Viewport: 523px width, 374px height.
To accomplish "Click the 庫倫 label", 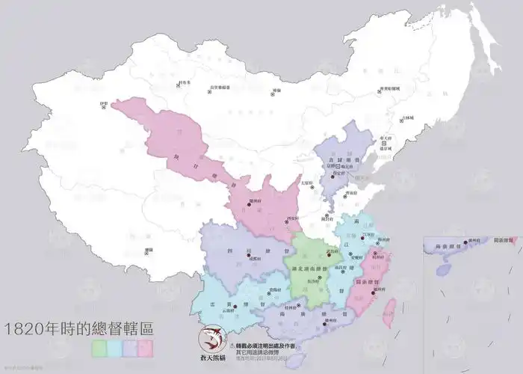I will click(276, 91).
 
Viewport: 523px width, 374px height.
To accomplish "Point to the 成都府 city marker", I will click(248, 257).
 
